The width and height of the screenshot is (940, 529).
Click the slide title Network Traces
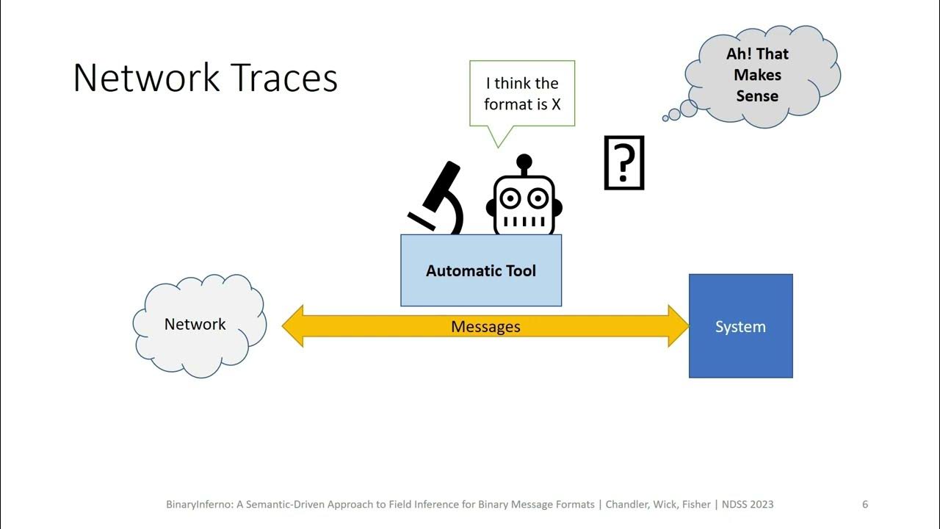click(206, 78)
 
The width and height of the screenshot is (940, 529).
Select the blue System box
click(740, 326)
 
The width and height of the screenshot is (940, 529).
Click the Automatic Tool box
click(481, 270)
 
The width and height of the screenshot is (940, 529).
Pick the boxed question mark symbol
click(623, 163)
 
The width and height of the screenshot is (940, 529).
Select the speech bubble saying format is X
click(522, 94)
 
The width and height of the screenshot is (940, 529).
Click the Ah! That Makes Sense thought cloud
click(759, 75)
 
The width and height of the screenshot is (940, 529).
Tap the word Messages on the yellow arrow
click(485, 326)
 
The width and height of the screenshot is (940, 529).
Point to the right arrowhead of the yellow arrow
click(678, 325)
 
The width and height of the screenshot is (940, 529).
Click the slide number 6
click(865, 504)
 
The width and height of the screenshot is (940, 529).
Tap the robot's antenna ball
click(524, 161)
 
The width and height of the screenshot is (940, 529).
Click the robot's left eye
click(510, 198)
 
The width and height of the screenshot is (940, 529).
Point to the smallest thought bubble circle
click(665, 118)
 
